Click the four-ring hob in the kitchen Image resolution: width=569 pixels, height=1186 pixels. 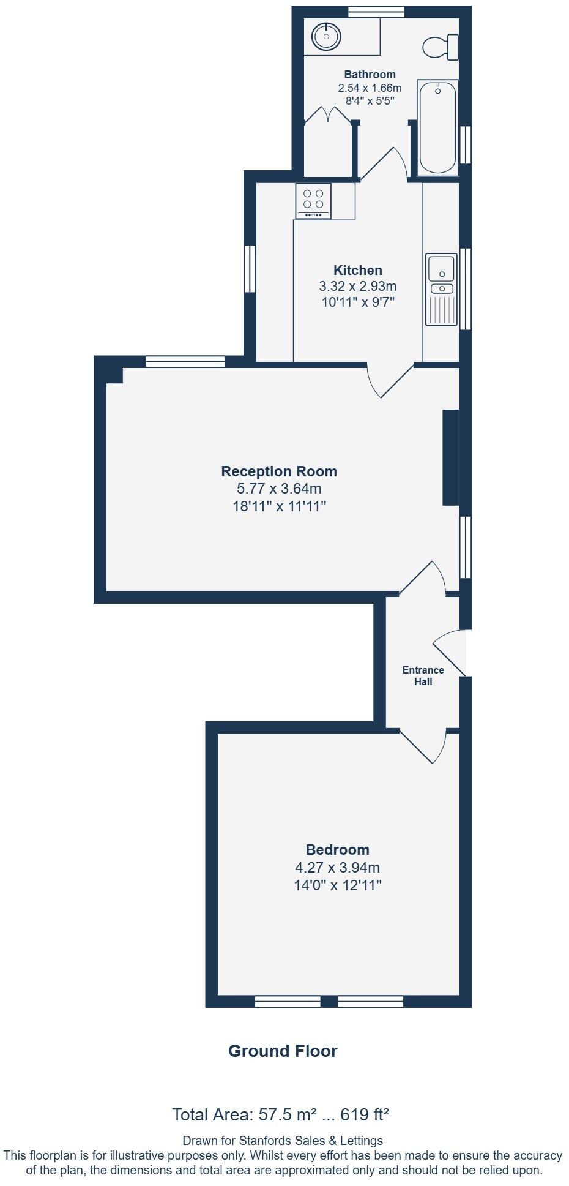[313, 200]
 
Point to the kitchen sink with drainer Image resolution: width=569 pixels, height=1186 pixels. [442, 289]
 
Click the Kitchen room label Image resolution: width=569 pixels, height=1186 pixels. [358, 270]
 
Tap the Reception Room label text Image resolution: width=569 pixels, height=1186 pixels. [279, 471]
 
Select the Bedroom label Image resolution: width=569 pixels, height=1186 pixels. [338, 849]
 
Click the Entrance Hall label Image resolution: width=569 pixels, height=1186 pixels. [423, 675]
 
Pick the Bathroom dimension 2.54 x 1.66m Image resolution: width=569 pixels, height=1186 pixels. [370, 88]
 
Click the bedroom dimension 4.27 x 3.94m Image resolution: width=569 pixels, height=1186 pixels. [338, 867]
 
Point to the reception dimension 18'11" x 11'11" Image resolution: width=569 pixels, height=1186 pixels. [280, 506]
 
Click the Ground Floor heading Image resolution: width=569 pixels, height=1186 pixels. [283, 1051]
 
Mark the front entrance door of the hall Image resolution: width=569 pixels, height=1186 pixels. [450, 653]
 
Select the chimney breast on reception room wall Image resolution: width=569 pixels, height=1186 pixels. [451, 457]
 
